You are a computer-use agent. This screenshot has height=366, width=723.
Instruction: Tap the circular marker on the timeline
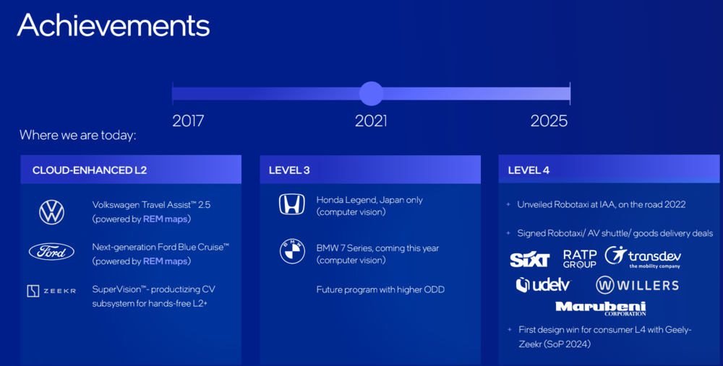coord(371,93)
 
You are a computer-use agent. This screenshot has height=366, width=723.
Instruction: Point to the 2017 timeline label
coord(188,121)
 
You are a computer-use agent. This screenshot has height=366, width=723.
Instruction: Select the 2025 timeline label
coord(549,121)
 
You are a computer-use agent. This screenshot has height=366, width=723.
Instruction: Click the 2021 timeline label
coord(371,121)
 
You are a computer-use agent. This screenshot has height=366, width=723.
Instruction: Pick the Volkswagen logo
coord(51,212)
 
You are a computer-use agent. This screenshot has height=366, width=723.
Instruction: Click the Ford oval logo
coord(51,252)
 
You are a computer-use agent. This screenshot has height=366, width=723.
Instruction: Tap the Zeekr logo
coord(51,291)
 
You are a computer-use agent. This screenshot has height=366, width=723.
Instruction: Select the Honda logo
coord(292,204)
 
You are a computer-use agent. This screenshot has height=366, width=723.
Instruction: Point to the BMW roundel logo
coord(292,251)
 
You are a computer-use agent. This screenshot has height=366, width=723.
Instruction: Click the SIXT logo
coord(530,260)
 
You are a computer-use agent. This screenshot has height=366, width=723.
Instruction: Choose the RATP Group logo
coord(580,258)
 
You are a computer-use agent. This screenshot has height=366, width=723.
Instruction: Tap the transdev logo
coord(643,257)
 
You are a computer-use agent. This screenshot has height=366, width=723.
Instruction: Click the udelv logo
coord(543,285)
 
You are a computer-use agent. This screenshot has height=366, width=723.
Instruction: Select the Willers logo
coord(637,285)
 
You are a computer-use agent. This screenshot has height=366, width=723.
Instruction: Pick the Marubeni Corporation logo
coord(600,308)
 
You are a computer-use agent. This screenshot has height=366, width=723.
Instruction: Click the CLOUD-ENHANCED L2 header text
coord(90,170)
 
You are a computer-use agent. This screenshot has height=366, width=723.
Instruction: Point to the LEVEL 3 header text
coord(289,170)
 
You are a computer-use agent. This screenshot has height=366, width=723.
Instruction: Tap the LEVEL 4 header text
coord(529,170)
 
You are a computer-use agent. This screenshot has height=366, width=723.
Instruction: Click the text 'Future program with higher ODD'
coord(380,289)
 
